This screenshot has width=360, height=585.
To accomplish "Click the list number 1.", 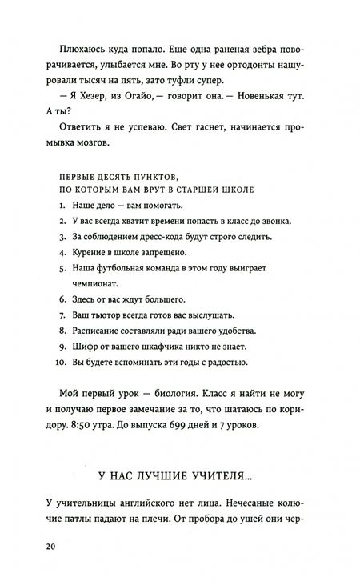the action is pyautogui.click(x=61, y=206).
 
